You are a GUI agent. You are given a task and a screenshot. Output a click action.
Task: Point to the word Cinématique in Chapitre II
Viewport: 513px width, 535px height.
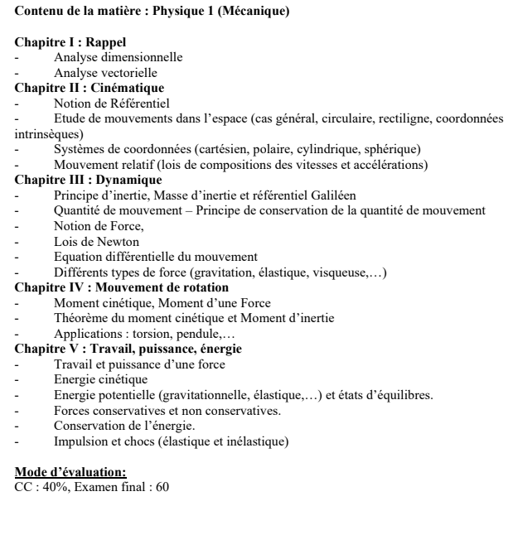126,87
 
